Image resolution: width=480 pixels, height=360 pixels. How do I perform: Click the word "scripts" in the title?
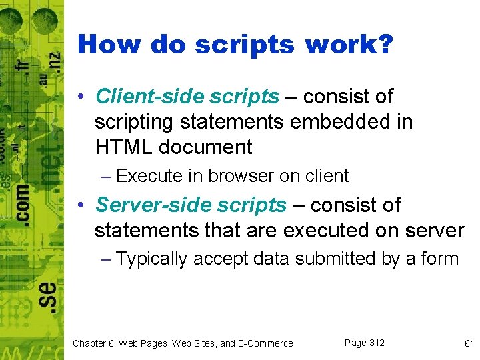pyautogui.click(x=245, y=45)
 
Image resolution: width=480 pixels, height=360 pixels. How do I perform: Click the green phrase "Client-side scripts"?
pyautogui.click(x=187, y=97)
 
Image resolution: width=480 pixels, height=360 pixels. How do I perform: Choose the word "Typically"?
pyautogui.click(x=152, y=259)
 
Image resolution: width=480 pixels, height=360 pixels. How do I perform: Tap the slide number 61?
pyautogui.click(x=469, y=343)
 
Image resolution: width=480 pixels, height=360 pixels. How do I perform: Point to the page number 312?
pyautogui.click(x=376, y=343)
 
